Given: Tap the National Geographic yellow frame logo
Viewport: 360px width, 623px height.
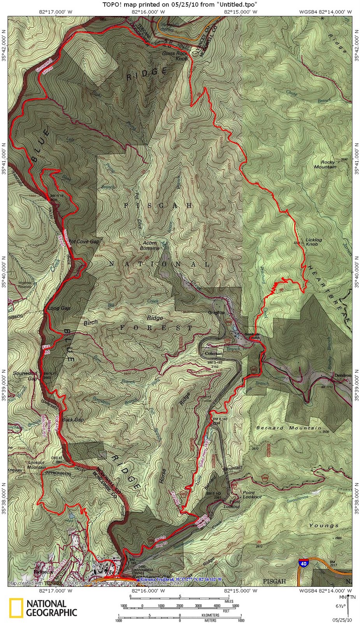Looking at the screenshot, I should (x=16, y=608).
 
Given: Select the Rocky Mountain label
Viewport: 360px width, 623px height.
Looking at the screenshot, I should (x=326, y=165).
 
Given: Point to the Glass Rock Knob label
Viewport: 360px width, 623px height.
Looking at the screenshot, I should (x=175, y=56).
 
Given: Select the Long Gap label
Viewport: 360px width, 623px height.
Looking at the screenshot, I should (x=59, y=308).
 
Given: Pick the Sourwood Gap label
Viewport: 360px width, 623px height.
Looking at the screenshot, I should (x=25, y=375).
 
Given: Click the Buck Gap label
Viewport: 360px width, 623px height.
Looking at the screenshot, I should (x=73, y=420).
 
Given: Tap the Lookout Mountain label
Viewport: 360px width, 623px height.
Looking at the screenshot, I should (x=37, y=465).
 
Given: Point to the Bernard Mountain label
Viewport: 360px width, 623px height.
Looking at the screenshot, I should (x=288, y=428).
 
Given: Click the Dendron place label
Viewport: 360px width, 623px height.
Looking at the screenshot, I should (x=342, y=375).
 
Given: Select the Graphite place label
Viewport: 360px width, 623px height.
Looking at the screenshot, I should (x=216, y=313).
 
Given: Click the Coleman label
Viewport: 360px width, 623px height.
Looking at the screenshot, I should (x=214, y=354).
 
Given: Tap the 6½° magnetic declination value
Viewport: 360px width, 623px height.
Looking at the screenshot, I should (x=340, y=606).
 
